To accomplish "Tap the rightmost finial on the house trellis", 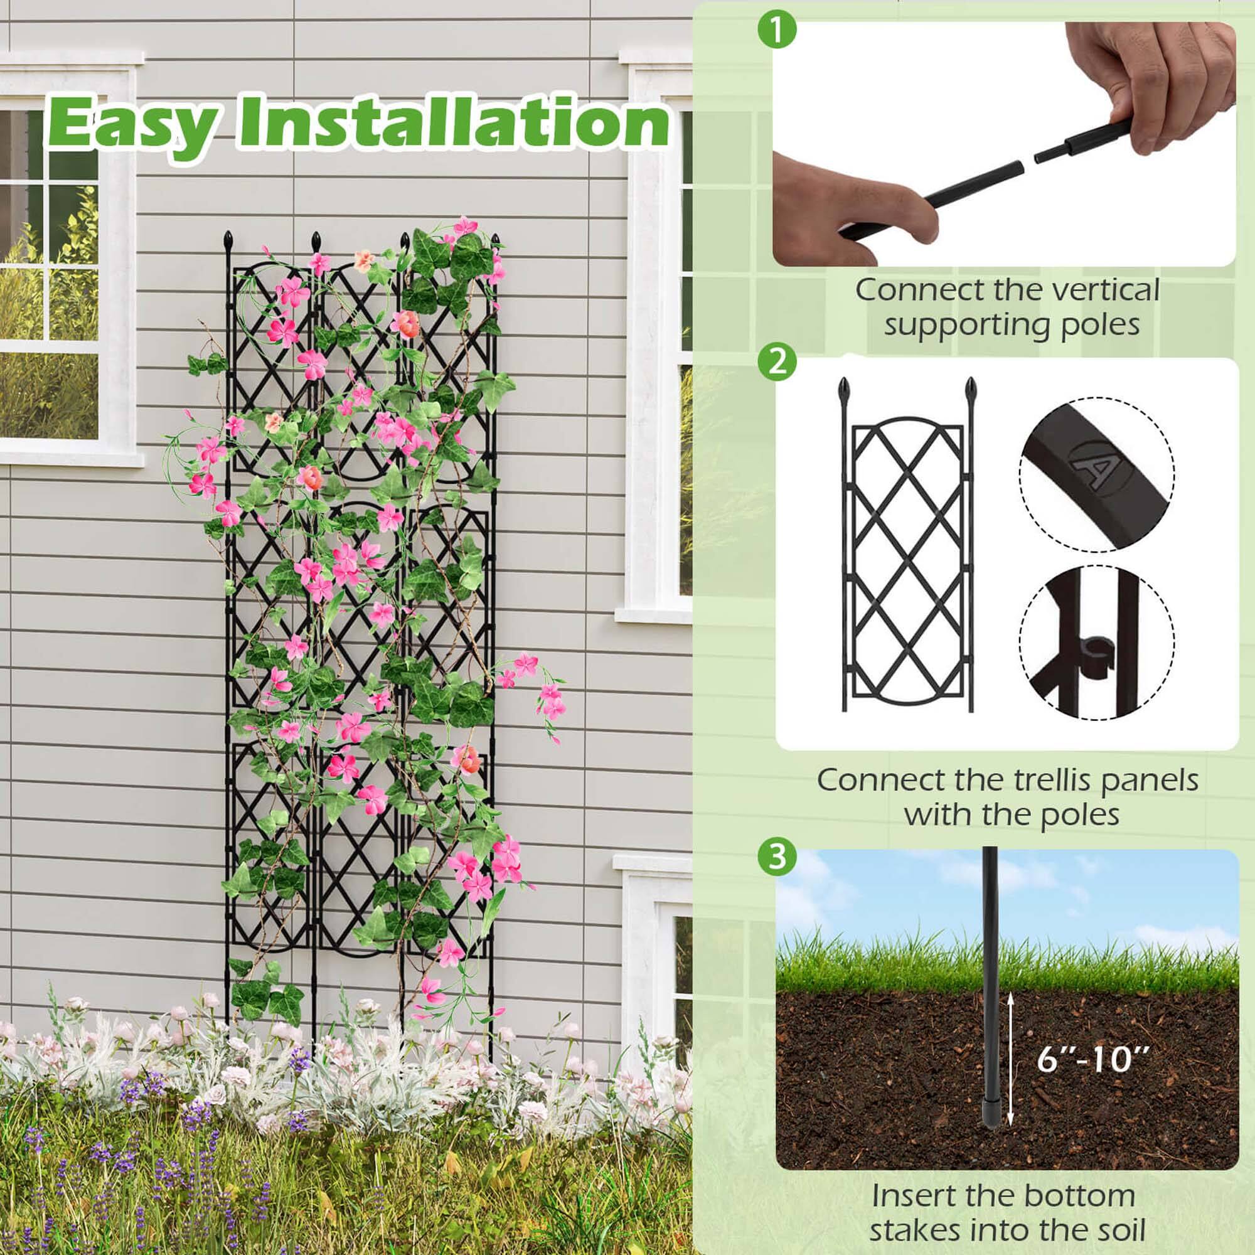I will [498, 243].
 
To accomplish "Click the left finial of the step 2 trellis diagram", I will [845, 390].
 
